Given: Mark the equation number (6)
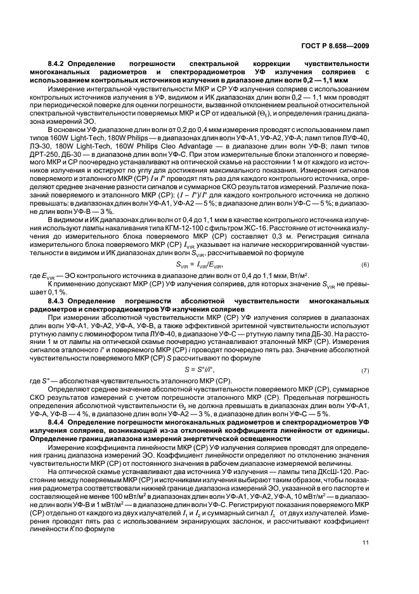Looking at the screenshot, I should point(365,264).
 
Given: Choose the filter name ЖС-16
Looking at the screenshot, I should point(278,228).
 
